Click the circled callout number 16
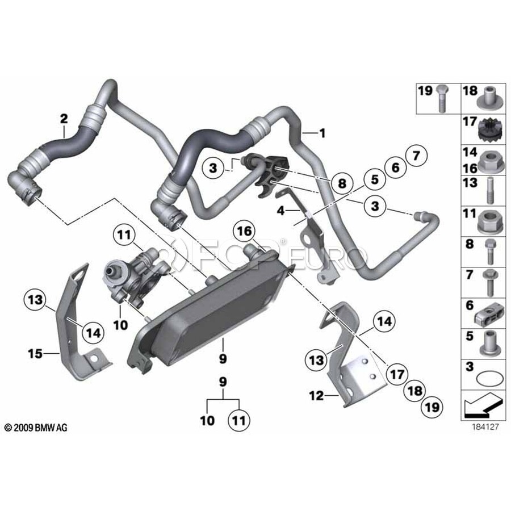coord(245,232)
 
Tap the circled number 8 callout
coord(342,183)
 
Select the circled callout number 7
coord(416,156)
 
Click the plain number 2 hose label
coord(64,119)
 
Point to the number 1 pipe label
coord(322,133)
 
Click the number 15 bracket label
coord(35,354)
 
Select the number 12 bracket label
coord(316,396)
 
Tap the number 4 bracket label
coord(280,211)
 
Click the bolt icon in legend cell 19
coord(442,99)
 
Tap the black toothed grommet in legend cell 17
coord(488,132)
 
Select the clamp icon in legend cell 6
coord(488,316)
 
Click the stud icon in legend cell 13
coord(489,190)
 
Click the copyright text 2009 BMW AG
coord(36,428)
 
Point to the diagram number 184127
coord(485,426)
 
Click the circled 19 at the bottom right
coord(433,407)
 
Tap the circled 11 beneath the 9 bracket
coord(239,420)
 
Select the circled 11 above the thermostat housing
coord(124,235)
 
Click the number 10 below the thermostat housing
coord(120,325)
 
